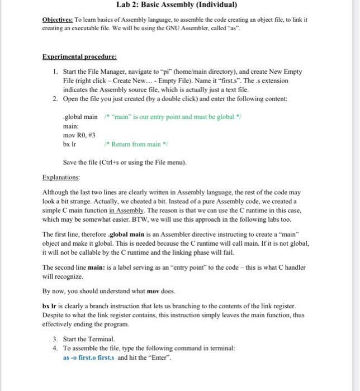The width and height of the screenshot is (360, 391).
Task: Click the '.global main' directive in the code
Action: point(80,117)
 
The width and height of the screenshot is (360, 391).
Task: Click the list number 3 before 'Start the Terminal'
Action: point(55,339)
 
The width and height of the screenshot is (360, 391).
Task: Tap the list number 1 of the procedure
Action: point(55,72)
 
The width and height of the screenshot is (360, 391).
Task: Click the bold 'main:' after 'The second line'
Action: point(98,268)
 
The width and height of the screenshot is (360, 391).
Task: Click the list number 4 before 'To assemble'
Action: point(55,348)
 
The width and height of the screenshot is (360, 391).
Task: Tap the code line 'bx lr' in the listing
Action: point(70,144)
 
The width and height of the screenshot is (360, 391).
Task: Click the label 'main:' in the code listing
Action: point(71,126)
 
